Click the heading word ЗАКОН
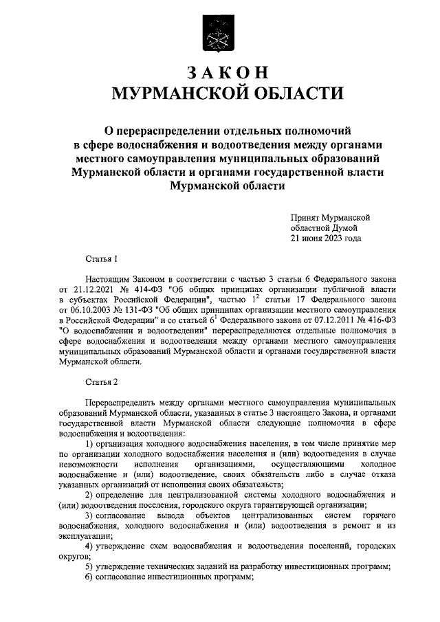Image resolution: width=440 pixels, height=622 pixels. pos(219,73)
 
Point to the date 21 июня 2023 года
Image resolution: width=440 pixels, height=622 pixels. pos(325,238)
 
